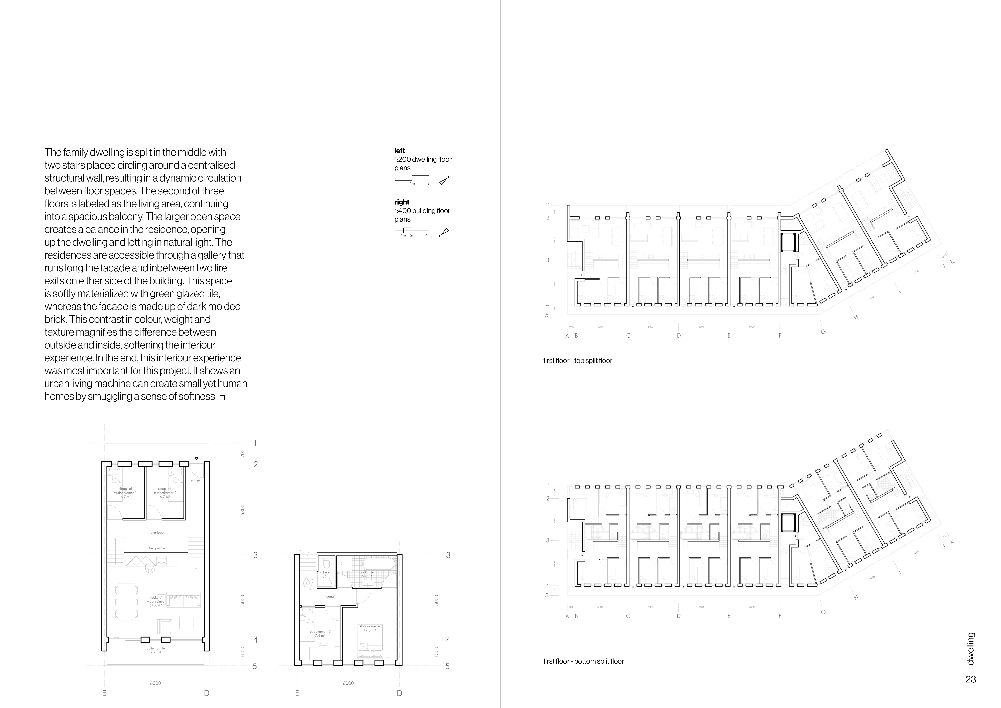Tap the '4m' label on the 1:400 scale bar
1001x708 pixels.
(x=428, y=236)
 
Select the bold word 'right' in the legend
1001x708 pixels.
(x=401, y=202)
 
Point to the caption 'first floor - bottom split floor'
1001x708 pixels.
(x=583, y=661)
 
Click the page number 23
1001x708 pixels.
(x=970, y=679)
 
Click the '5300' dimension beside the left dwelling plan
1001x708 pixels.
(x=243, y=509)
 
